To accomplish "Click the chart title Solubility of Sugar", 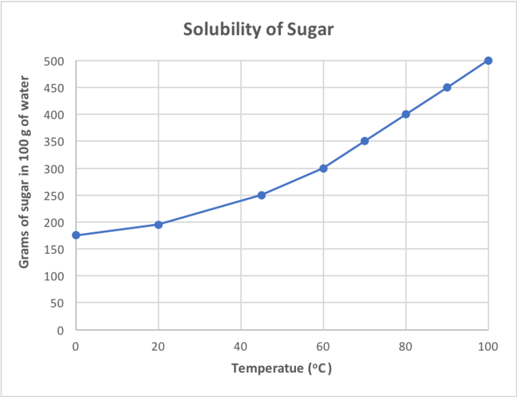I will click(258, 29).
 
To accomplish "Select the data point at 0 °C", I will click(76, 235).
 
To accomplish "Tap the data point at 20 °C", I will click(158, 224).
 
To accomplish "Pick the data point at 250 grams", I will click(261, 195).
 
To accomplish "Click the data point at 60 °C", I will click(323, 168).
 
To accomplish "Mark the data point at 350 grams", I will click(365, 141).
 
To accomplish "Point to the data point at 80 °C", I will click(406, 114).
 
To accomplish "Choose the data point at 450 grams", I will click(447, 87).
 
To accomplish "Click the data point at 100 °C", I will click(488, 60).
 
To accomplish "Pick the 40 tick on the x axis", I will click(241, 347).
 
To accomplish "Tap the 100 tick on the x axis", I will click(488, 347).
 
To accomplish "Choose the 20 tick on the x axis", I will click(158, 347).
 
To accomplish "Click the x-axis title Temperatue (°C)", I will click(282, 368).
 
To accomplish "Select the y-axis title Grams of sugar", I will click(24, 172).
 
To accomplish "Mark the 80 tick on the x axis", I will click(406, 347).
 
